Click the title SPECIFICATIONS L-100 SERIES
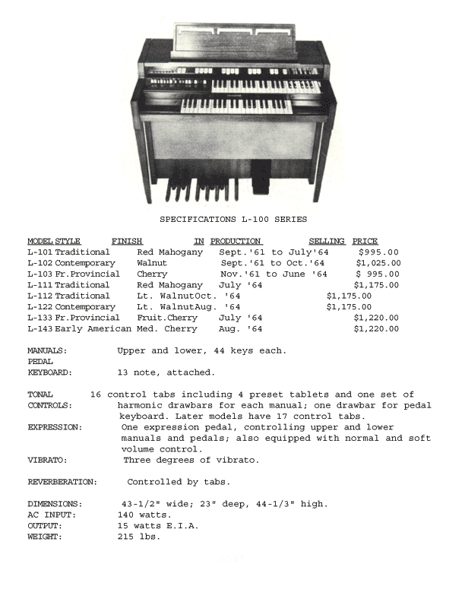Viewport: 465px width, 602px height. point(233,220)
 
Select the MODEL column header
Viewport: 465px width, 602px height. point(40,242)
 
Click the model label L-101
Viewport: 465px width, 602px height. point(40,252)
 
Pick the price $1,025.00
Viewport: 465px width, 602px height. point(378,263)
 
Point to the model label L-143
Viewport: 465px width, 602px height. point(40,329)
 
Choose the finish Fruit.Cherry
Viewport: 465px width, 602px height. point(167,318)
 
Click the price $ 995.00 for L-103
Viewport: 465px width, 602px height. point(378,274)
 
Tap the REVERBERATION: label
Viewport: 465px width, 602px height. point(62,483)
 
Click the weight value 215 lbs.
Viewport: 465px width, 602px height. point(134,537)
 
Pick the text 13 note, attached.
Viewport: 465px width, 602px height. point(166,373)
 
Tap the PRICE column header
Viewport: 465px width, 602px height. point(365,242)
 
